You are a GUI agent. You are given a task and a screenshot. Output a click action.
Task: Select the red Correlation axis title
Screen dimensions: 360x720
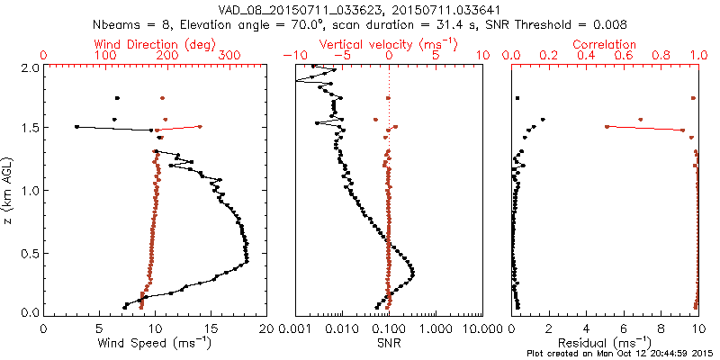click(x=605, y=44)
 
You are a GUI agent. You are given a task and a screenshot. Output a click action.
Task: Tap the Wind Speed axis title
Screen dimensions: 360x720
click(x=155, y=343)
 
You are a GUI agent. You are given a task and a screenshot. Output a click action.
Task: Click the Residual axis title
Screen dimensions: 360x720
click(x=605, y=343)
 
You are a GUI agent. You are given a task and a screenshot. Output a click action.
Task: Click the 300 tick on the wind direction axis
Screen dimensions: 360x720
click(x=229, y=56)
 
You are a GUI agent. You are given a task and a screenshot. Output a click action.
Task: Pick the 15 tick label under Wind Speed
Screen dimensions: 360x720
click(x=210, y=329)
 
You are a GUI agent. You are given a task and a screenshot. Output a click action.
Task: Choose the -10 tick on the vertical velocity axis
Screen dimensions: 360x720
click(x=293, y=56)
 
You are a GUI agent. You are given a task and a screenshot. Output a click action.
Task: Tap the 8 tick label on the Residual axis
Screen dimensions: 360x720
click(x=661, y=329)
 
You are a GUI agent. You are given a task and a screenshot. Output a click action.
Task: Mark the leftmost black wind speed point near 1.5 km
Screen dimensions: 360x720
click(x=76, y=127)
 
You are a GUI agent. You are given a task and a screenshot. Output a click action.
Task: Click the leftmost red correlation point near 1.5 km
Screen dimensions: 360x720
click(x=607, y=127)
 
